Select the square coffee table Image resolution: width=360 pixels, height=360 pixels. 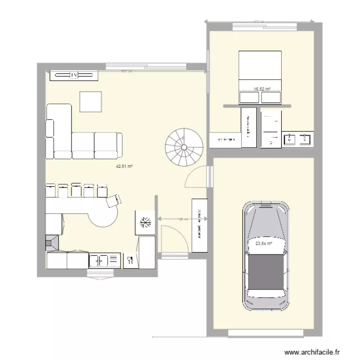click(x=91, y=101)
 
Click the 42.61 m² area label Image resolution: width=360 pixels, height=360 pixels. click(x=124, y=167)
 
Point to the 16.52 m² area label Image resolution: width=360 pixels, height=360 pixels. click(x=262, y=89)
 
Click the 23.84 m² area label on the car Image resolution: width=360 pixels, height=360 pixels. click(x=264, y=243)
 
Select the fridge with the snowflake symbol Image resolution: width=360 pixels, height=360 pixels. click(x=145, y=222)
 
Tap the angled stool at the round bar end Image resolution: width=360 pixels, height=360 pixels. click(x=113, y=200)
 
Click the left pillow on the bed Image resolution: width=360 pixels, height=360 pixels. click(x=250, y=97)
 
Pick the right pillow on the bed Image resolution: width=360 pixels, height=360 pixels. click(x=271, y=97)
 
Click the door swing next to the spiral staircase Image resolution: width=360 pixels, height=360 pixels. click(x=197, y=176)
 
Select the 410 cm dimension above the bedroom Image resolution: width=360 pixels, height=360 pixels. click(x=260, y=22)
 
